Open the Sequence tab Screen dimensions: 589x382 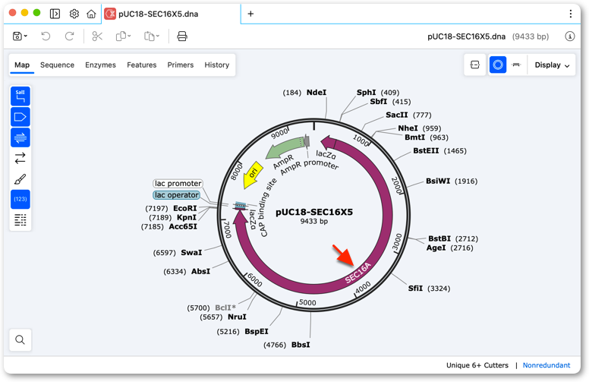(x=57, y=65)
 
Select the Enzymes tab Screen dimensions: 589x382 (x=100, y=65)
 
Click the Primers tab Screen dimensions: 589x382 (x=181, y=65)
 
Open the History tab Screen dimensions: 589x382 (x=217, y=65)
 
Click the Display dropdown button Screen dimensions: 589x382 (x=552, y=65)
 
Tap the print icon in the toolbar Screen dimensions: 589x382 (x=182, y=36)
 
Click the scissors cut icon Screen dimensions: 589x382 (x=97, y=36)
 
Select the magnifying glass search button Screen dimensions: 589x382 (x=20, y=340)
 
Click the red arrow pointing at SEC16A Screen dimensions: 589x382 (x=343, y=255)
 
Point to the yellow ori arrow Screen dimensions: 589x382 (x=253, y=175)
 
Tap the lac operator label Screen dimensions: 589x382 (x=177, y=194)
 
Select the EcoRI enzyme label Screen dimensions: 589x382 (x=184, y=208)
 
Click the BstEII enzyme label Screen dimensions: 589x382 (x=426, y=151)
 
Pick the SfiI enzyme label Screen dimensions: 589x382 (x=415, y=289)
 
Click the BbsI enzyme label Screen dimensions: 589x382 (x=301, y=345)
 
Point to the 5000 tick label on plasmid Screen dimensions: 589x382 (x=307, y=303)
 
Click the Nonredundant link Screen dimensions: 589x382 (x=546, y=365)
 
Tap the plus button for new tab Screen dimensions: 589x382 (x=250, y=14)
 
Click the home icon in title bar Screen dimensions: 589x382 (x=91, y=14)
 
